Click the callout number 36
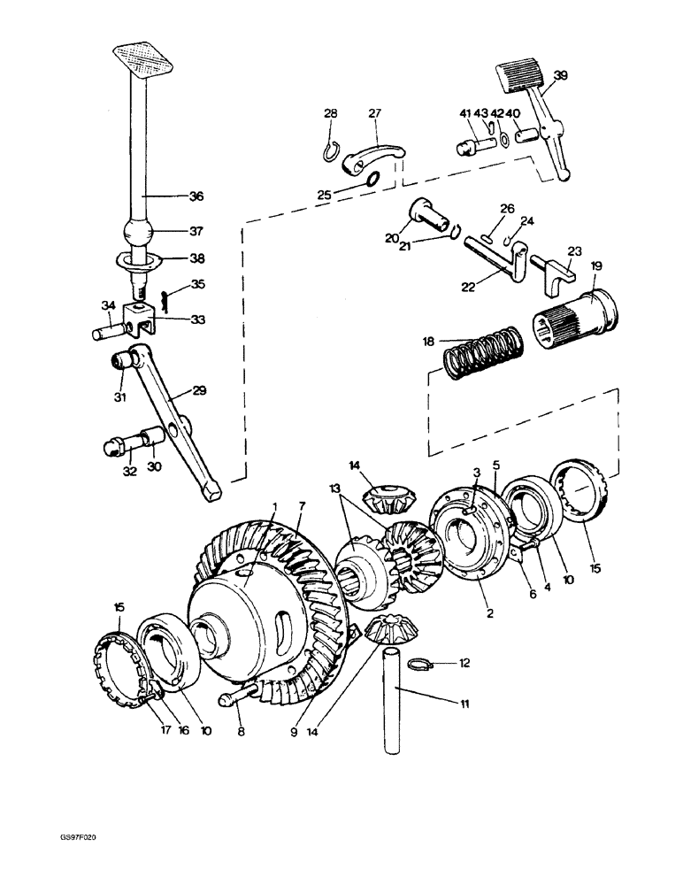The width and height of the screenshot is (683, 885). pos(196,196)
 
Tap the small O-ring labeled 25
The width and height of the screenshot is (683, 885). pos(372,181)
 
